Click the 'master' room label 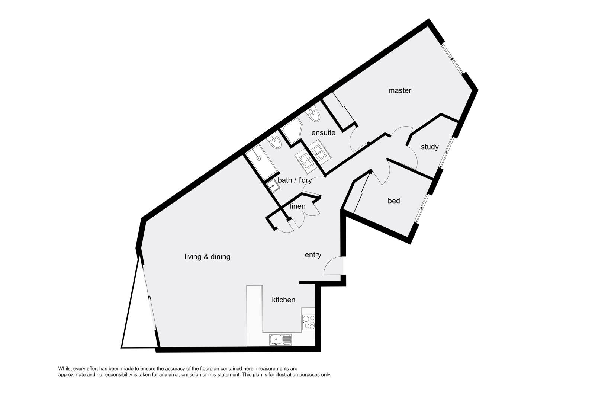coord(399,91)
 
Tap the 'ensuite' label coord(323,132)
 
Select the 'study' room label coord(430,147)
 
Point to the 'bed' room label coord(394,201)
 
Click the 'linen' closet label coord(297,206)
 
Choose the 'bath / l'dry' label coord(295,180)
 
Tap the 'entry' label coord(313,255)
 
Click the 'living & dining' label coord(207,257)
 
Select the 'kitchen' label coord(283,300)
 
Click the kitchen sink coord(280,340)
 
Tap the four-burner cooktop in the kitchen coord(309,323)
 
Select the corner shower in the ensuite coord(291,130)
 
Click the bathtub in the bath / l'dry coord(261,162)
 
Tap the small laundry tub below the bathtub coord(273,186)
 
